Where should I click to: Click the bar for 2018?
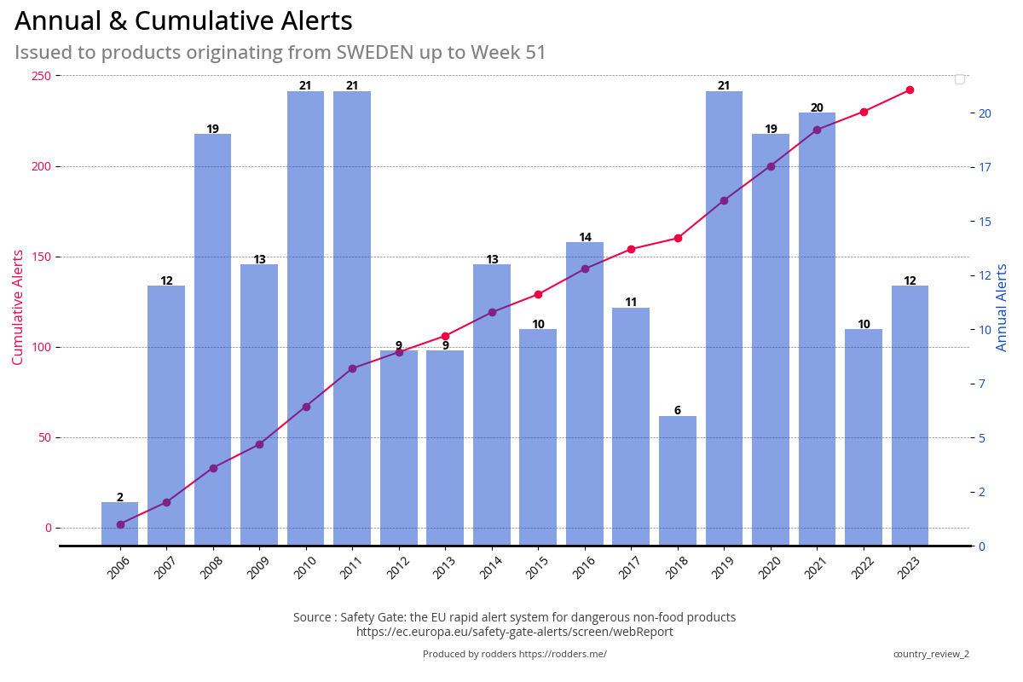pyautogui.click(x=678, y=480)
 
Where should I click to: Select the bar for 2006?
pyautogui.click(x=120, y=523)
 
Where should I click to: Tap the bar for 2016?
pyautogui.click(x=585, y=393)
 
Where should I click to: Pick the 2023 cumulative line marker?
pyautogui.click(x=910, y=90)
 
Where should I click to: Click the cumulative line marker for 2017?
pyautogui.click(x=631, y=250)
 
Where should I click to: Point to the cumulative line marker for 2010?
pyautogui.click(x=306, y=407)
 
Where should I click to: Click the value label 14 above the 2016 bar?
pyautogui.click(x=585, y=238)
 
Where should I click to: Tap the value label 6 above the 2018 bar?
pyautogui.click(x=678, y=411)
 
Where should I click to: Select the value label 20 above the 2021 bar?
pyautogui.click(x=817, y=108)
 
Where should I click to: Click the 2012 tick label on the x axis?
pyautogui.click(x=397, y=568)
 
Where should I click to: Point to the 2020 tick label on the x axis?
pyautogui.click(x=769, y=568)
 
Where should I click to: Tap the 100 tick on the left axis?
pyautogui.click(x=41, y=347)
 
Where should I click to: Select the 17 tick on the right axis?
pyautogui.click(x=985, y=167)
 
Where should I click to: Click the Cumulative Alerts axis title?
pyautogui.click(x=18, y=307)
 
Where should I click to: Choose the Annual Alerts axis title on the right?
pyautogui.click(x=1003, y=307)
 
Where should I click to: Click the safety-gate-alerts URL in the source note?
pyautogui.click(x=514, y=632)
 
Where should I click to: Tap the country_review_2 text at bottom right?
pyautogui.click(x=931, y=654)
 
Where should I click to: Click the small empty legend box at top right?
pyautogui.click(x=959, y=79)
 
